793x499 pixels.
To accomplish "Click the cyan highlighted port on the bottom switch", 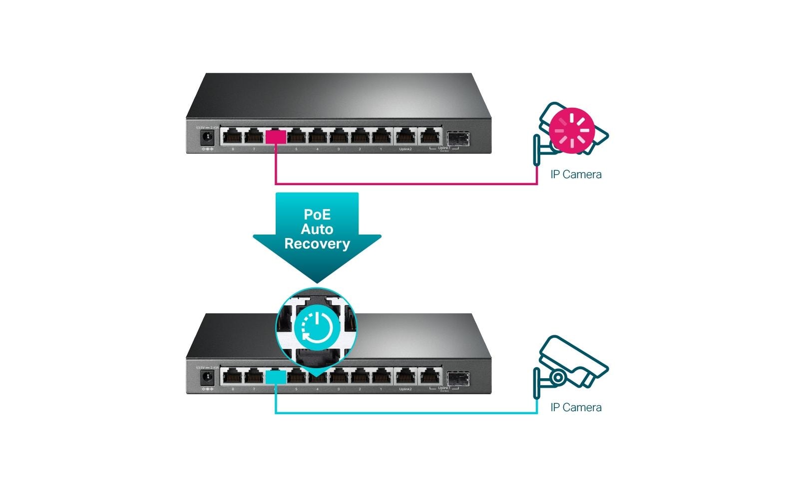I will click(x=276, y=377).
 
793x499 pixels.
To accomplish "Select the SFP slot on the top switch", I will click(x=457, y=137).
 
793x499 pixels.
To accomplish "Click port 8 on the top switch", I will click(x=233, y=136).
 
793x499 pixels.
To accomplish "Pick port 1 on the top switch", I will click(x=381, y=136).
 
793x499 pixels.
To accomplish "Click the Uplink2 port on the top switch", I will click(x=405, y=136).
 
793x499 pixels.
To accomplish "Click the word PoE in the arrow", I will click(x=317, y=215).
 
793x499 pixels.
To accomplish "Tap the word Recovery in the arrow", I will click(x=317, y=244).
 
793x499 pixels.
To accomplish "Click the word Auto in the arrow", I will click(x=317, y=230).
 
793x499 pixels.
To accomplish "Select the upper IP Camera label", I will click(x=576, y=175).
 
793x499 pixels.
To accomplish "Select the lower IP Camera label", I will click(x=576, y=408).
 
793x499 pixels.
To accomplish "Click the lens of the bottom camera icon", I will click(x=558, y=377).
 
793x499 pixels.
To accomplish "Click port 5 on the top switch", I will click(x=296, y=136).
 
